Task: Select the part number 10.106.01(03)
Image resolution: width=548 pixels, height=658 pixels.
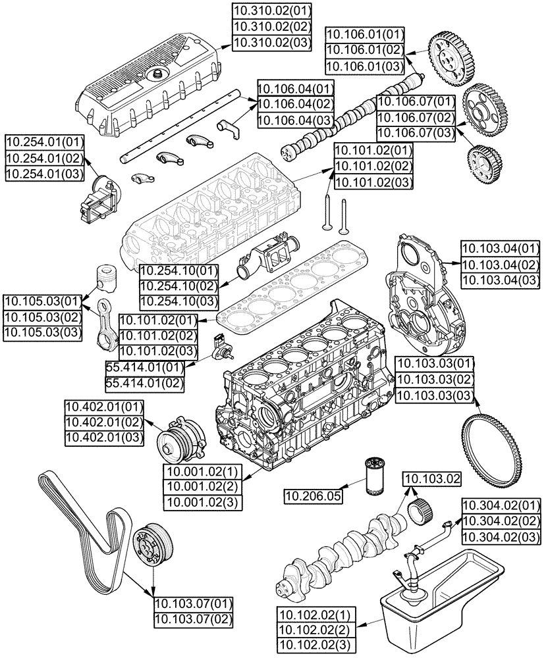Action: pos(366,66)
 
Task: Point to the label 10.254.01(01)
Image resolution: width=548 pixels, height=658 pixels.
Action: pos(45,142)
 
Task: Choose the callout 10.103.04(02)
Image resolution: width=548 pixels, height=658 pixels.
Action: pos(499,265)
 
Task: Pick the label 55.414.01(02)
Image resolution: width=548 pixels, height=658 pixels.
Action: pos(144,382)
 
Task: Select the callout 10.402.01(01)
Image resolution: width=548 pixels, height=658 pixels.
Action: pos(103,406)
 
